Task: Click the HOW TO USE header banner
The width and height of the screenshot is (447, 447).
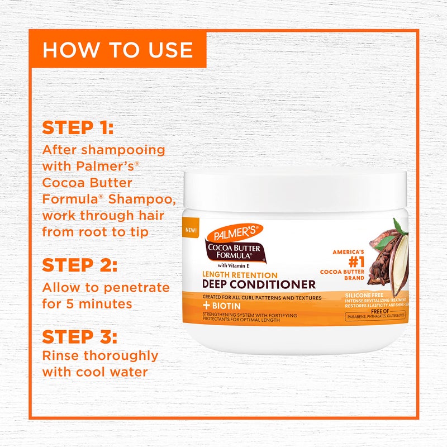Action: coord(118,50)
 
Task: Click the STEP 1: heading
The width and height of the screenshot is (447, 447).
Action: coord(78,128)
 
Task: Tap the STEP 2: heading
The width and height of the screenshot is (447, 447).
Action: coord(79,265)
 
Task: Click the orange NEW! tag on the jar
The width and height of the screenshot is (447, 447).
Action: coord(190,230)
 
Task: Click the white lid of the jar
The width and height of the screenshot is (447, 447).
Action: coord(295,188)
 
